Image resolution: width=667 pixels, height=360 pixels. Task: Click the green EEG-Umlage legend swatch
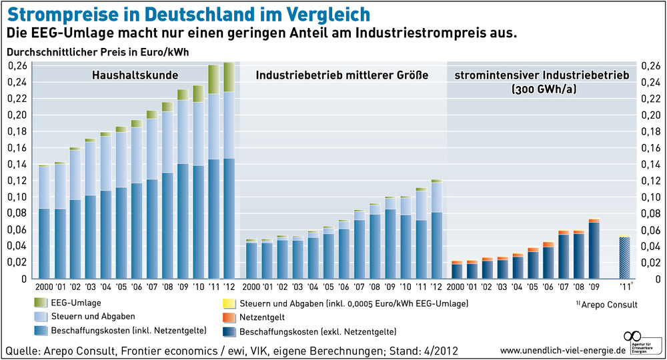pyautogui.click(x=41, y=303)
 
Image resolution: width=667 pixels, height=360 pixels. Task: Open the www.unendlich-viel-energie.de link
pyautogui.click(x=557, y=350)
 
